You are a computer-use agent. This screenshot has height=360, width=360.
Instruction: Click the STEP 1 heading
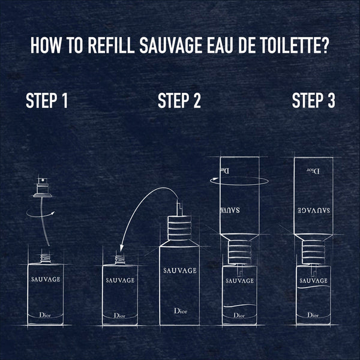coord(46,101)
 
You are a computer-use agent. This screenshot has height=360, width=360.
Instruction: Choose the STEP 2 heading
coord(179,101)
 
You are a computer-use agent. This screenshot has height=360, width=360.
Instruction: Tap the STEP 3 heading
coord(313,101)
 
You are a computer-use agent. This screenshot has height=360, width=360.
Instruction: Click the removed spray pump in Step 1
coord(41,188)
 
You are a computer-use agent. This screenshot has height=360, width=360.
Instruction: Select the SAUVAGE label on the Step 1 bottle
coord(45,278)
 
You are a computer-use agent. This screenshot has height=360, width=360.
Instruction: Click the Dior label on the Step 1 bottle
coord(46,314)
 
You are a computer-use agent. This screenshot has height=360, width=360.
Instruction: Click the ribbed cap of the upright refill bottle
coord(179,229)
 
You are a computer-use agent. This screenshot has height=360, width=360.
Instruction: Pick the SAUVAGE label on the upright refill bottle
coord(179,271)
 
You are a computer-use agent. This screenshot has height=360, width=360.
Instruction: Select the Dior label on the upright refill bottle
coord(179,311)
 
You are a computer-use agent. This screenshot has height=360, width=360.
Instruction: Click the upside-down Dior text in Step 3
coord(313,171)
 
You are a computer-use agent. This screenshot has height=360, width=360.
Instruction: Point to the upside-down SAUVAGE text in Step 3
coord(313,211)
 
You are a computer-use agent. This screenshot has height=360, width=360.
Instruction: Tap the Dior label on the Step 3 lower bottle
coord(313,314)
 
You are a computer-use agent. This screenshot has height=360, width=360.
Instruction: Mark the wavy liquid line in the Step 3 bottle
coord(313,291)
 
